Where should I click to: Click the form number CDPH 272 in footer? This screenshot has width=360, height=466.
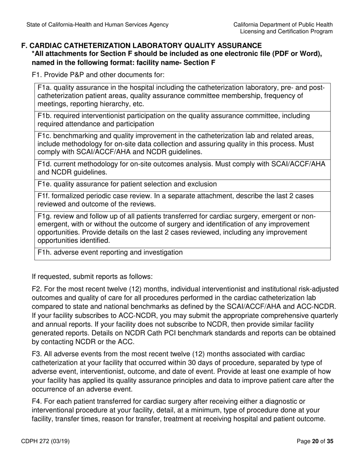[x=47, y=441]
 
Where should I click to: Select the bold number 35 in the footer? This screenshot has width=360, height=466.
[x=330, y=441]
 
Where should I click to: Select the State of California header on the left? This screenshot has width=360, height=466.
[x=97, y=25]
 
